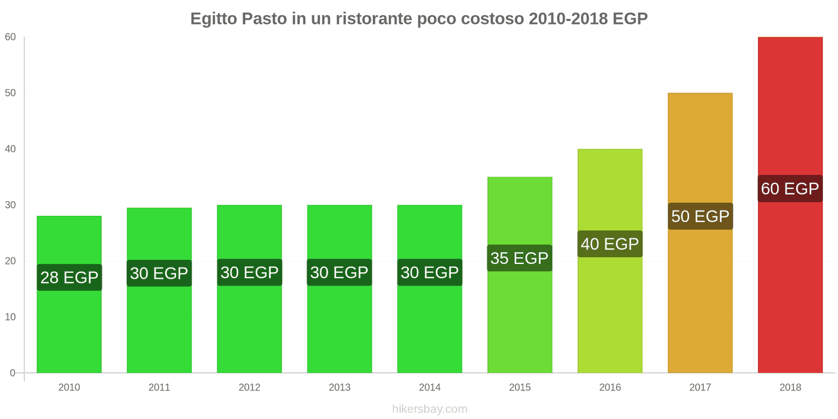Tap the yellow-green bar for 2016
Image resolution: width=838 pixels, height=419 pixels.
pos(610,309)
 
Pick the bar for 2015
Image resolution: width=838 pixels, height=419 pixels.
pos(520,319)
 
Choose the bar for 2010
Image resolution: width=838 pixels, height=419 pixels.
pos(69,330)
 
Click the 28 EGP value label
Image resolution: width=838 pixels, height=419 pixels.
pos(69,278)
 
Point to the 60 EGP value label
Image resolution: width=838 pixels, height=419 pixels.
pos(790,189)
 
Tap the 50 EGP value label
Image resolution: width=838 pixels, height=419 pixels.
pos(700,216)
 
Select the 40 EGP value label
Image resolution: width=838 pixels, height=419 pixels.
pos(610,244)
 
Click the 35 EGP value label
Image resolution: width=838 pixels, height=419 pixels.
pos(520,258)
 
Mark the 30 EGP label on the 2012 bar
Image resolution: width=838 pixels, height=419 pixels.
pos(249,272)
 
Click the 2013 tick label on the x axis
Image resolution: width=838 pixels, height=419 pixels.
pos(339,388)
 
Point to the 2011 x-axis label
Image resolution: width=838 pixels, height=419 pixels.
pos(159,388)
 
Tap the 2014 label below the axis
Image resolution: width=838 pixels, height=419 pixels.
pos(429,388)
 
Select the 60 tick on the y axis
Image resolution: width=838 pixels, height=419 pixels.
pos(10,37)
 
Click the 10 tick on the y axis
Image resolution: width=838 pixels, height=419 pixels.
pos(10,317)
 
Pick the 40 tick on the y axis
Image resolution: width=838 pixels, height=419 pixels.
pos(10,149)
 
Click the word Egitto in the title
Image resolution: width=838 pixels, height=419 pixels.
pos(214,19)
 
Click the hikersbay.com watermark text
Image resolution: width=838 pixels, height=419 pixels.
pos(429,409)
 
